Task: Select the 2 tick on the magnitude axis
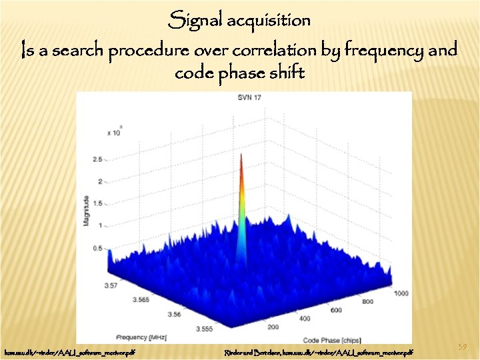pos(99,181)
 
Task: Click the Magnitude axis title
pos(86,209)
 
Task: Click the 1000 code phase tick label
pos(400,294)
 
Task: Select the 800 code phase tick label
pos(368,301)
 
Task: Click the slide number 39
pos(463,347)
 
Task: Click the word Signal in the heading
pos(195,21)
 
